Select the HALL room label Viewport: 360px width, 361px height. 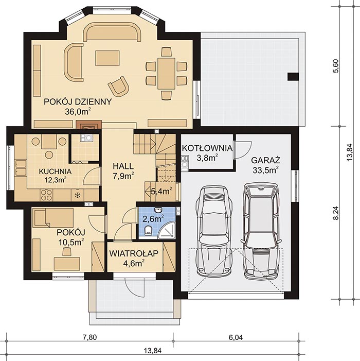[x=123, y=166]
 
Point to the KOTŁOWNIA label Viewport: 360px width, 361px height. [x=207, y=149]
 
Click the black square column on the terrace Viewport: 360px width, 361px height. [x=292, y=77]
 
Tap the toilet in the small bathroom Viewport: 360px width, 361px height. [x=148, y=230]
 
